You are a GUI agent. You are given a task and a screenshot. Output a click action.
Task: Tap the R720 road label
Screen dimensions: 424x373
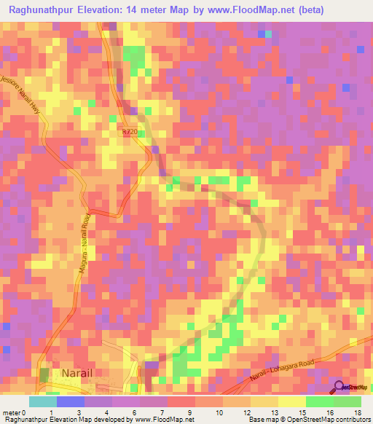tap(130, 131)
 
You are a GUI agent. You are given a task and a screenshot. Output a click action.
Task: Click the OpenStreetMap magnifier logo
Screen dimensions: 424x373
tap(339, 388)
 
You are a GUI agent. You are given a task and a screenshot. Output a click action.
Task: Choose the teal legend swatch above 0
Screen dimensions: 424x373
tap(42, 401)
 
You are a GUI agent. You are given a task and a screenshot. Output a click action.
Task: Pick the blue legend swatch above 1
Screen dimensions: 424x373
tap(70, 401)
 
